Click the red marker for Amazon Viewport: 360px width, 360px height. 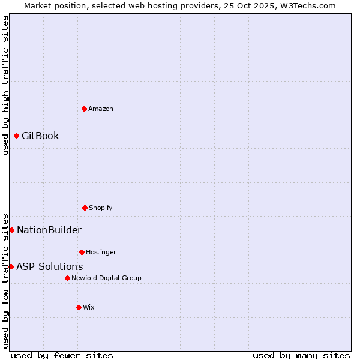tap(84, 109)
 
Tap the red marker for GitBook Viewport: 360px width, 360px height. tap(16, 136)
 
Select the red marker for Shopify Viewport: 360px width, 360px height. tap(85, 208)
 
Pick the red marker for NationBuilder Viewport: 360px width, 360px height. tap(11, 230)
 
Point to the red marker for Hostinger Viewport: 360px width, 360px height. tap(82, 252)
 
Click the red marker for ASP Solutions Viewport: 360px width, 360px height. tap(11, 266)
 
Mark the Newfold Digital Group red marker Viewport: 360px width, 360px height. tap(67, 278)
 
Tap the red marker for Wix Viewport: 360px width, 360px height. tap(79, 307)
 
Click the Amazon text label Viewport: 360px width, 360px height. tap(101, 109)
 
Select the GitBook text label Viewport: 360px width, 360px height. tap(40, 136)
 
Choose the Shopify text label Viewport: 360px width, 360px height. tap(101, 208)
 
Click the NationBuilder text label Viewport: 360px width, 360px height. tap(49, 230)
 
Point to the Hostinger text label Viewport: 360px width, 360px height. tap(101, 252)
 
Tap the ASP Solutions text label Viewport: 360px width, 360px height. tap(50, 266)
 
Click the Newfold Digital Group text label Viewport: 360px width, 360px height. tap(106, 278)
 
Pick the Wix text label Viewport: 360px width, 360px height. tap(89, 307)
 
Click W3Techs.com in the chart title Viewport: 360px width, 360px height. tap(307, 5)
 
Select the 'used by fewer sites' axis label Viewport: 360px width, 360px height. tap(62, 355)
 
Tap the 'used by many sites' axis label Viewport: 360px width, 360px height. tap(301, 355)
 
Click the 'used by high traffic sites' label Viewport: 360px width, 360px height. tap(5, 85)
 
